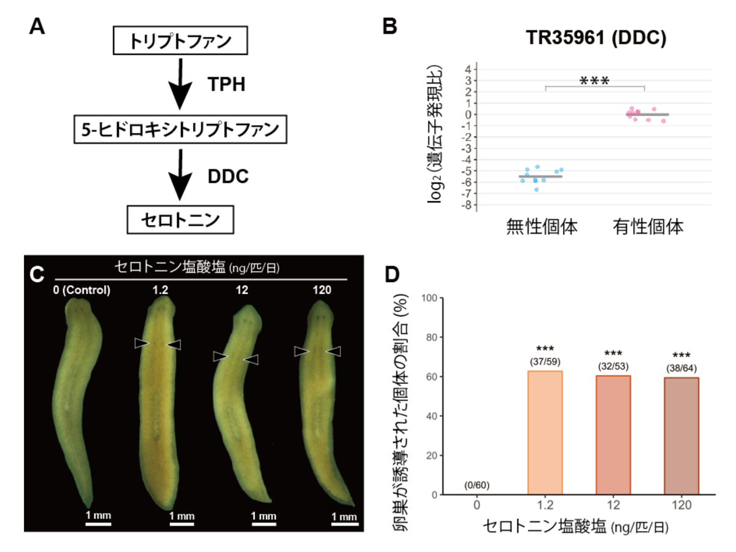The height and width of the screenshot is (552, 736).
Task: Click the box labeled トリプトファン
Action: tap(180, 42)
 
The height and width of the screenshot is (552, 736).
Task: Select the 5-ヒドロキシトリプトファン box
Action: tap(180, 130)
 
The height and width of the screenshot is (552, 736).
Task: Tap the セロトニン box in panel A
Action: tap(180, 218)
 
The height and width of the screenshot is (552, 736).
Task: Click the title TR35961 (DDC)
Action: tap(596, 38)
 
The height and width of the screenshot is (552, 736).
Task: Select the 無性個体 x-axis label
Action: tap(542, 227)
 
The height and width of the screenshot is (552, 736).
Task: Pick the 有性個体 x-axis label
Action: tap(648, 227)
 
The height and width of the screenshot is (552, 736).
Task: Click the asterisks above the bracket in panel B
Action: tap(594, 80)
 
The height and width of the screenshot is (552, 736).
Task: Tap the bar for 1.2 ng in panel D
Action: tap(545, 432)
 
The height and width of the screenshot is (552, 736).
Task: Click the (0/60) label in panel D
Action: tap(477, 486)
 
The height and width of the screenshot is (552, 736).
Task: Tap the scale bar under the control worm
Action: tap(98, 524)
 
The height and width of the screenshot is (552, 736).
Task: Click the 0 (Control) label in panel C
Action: tap(82, 290)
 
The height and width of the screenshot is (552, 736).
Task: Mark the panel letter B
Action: tap(391, 27)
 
